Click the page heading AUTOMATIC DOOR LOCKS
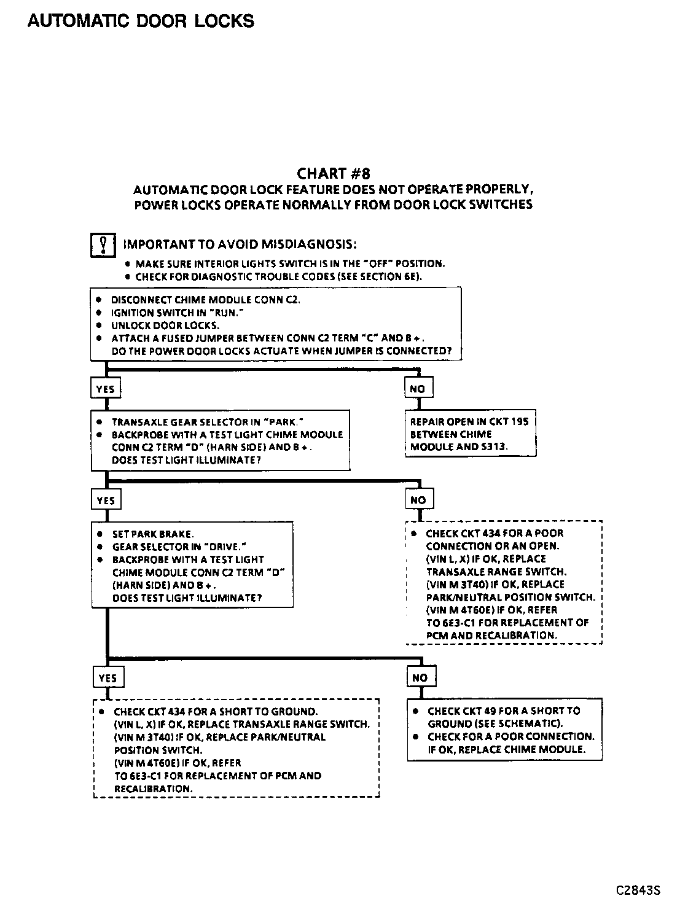[141, 21]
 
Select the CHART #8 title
[334, 174]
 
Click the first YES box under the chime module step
[106, 389]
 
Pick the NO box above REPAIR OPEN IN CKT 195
[418, 389]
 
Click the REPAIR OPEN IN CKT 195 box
[470, 434]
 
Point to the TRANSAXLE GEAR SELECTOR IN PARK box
[221, 441]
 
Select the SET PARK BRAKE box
[192, 566]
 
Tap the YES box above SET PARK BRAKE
[106, 501]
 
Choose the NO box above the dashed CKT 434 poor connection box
[418, 500]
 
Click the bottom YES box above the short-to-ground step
[107, 678]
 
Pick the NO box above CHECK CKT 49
[420, 678]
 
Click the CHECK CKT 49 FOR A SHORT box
[504, 730]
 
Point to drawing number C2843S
[638, 890]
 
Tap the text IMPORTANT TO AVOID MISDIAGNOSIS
[240, 244]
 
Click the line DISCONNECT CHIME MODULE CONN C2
[206, 300]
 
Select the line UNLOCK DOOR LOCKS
[165, 325]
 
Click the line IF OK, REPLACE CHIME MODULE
[507, 749]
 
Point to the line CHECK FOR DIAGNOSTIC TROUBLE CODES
[278, 277]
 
